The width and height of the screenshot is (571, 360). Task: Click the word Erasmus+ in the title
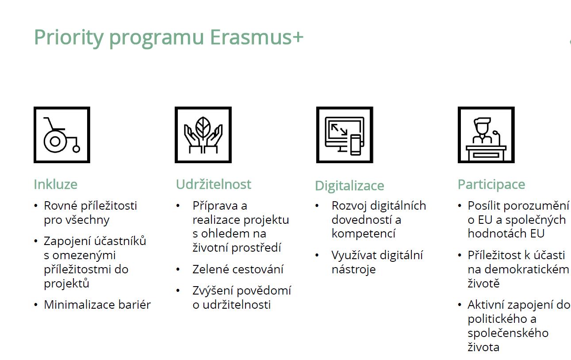[x=257, y=37]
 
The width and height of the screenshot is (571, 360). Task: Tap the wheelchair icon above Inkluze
[x=61, y=135]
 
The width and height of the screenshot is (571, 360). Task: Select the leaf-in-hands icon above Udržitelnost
[x=203, y=135]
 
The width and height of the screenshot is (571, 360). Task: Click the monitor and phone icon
[x=345, y=135]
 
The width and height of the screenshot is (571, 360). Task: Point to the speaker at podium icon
[x=486, y=135]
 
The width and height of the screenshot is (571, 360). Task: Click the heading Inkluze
[x=56, y=184]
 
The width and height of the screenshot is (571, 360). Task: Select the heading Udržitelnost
[x=214, y=184]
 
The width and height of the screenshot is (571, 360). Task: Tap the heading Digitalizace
[x=349, y=186]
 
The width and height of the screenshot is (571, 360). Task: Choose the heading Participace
[x=491, y=184]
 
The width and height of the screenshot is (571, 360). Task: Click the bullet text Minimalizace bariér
[x=97, y=305]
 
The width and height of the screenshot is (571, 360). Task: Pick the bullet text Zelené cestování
[x=238, y=269]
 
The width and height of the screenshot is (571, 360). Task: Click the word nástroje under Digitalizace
[x=353, y=269]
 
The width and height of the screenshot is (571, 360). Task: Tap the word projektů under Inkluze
[x=66, y=283]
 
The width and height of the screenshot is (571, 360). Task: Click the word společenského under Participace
[x=508, y=333]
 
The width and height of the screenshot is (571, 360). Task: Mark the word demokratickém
[x=527, y=269]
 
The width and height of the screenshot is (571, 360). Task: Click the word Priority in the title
[x=69, y=38]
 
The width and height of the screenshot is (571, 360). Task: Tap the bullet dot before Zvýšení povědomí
[x=178, y=291]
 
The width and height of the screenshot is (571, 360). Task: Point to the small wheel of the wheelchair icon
[x=76, y=149]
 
